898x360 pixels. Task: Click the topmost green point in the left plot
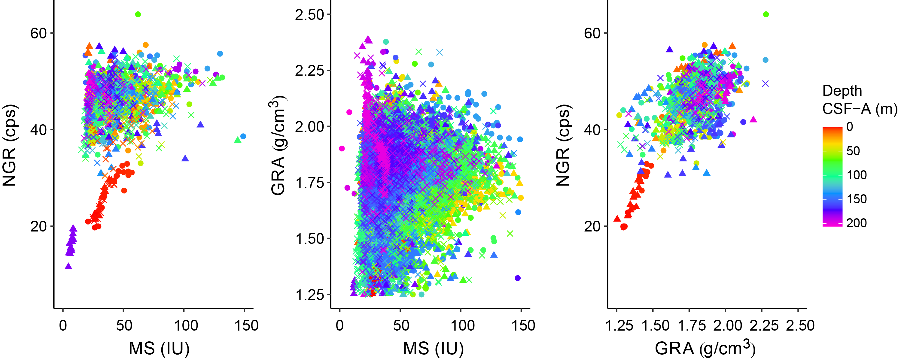point(138,14)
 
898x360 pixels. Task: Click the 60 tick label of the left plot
point(38,33)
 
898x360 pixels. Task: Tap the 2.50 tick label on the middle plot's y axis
point(309,15)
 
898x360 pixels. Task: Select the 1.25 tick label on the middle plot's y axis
point(309,295)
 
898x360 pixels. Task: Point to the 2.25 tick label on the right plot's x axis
point(764,325)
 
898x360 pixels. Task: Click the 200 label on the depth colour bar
point(857,223)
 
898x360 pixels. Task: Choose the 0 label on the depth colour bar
point(850,127)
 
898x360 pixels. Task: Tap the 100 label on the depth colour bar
point(857,175)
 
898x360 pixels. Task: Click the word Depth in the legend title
point(842,91)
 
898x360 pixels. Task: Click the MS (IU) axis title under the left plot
point(159,348)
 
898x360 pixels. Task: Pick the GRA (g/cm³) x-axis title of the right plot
point(705,348)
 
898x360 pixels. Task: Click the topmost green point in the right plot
point(766,14)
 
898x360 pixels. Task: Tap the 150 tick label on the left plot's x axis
point(246,325)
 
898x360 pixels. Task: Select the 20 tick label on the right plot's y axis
point(592,226)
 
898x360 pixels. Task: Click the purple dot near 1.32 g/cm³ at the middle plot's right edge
point(518,278)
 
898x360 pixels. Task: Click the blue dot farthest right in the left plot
point(243,136)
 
